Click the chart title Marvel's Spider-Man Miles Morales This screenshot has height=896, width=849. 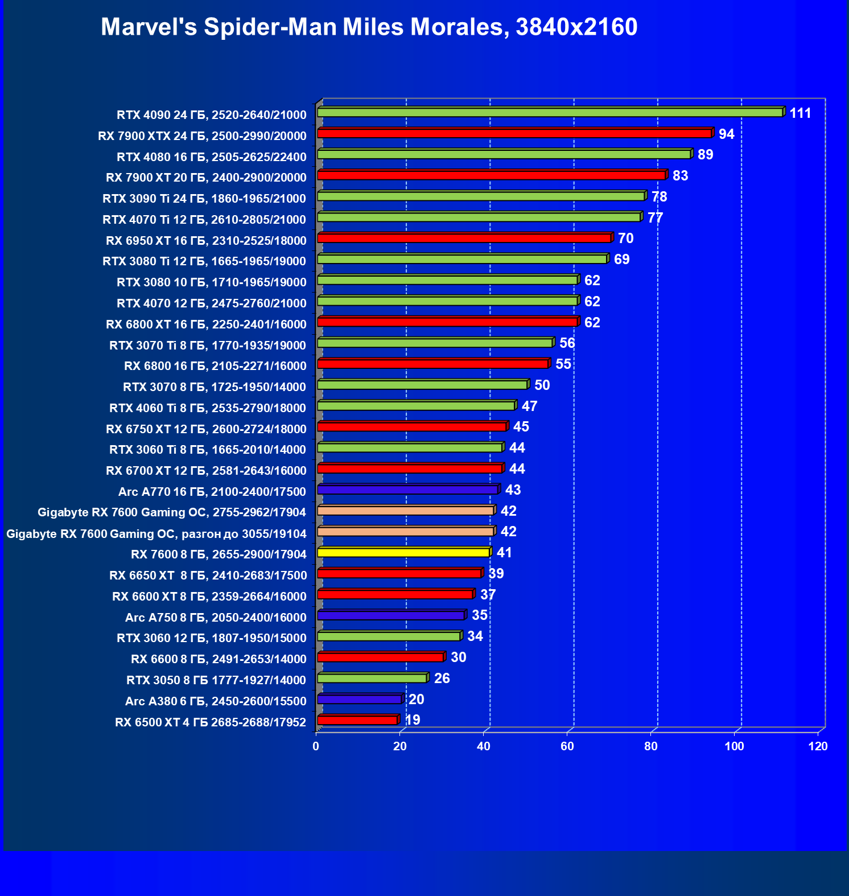click(x=369, y=27)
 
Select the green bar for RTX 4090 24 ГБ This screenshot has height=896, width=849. click(x=550, y=113)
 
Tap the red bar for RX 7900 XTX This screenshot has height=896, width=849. click(x=514, y=134)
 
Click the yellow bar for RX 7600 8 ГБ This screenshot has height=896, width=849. click(x=403, y=552)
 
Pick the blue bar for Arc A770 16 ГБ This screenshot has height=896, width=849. click(x=407, y=490)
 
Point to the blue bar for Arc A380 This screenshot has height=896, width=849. click(x=359, y=699)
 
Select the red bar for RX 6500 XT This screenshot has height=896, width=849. click(x=357, y=720)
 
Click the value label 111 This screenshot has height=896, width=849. click(x=800, y=113)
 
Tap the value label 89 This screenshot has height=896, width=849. click(x=705, y=155)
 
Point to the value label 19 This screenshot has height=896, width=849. click(x=413, y=720)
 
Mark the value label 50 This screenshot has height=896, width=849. click(x=542, y=385)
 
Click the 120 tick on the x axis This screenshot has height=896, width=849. click(x=818, y=746)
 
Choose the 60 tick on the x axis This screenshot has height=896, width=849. click(x=567, y=746)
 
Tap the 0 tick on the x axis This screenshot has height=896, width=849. click(x=316, y=746)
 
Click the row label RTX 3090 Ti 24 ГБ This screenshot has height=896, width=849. click(x=204, y=199)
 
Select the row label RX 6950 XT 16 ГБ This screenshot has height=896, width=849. click(x=206, y=241)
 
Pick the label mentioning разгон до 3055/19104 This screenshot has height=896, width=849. click(x=156, y=534)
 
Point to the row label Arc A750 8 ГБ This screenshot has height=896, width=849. click(x=216, y=618)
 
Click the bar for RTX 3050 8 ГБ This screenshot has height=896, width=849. click(x=372, y=678)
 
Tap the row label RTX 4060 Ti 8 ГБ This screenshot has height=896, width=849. click(x=208, y=408)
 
